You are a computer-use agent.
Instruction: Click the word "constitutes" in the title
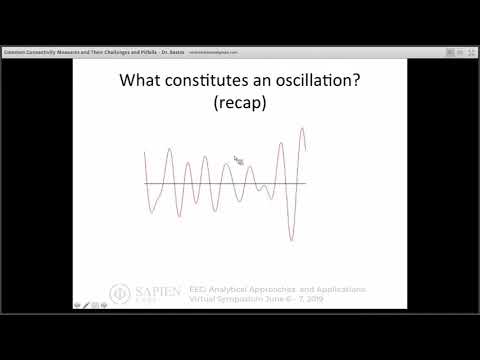click(208, 82)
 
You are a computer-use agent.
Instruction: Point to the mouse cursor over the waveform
click(238, 160)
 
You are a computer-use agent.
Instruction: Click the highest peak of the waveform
click(300, 128)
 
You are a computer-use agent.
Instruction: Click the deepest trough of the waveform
click(291, 240)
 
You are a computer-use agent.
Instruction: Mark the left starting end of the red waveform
click(145, 152)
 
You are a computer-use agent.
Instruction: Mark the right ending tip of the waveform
click(305, 151)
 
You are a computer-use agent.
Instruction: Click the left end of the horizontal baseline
click(145, 183)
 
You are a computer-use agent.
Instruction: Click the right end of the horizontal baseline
click(305, 183)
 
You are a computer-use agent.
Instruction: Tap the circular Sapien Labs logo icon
click(118, 294)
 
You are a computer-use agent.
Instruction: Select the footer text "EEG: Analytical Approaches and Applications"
click(277, 289)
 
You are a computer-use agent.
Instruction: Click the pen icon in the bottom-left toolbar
click(87, 305)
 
